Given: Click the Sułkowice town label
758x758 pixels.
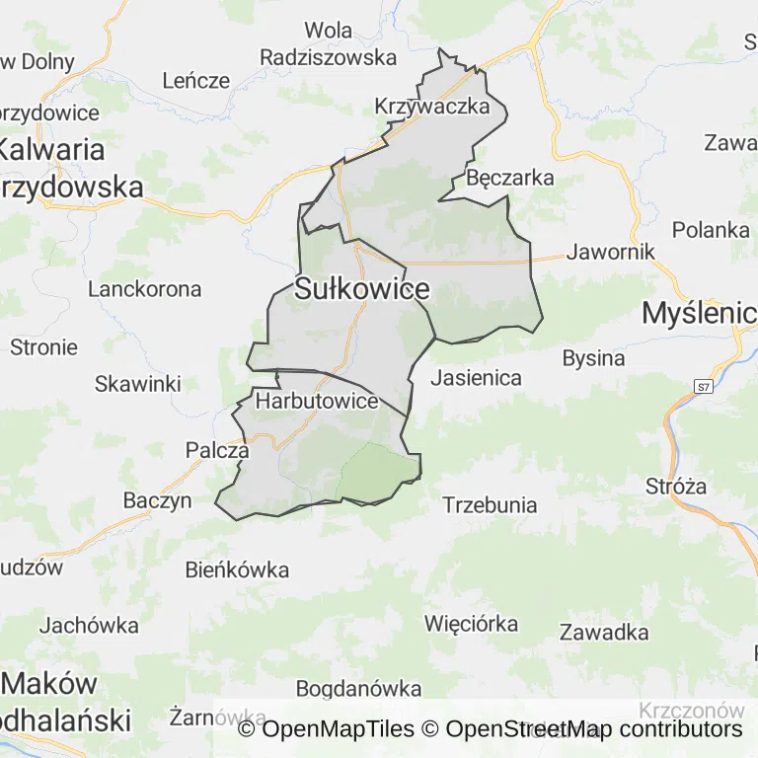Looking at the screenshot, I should tap(362, 289).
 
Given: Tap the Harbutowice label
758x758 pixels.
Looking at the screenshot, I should tap(317, 402).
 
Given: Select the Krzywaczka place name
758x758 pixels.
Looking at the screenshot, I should tap(432, 107).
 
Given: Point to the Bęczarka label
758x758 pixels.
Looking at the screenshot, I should tap(510, 179).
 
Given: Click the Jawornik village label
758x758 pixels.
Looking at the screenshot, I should tap(611, 252).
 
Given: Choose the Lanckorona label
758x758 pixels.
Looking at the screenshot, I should tap(145, 289).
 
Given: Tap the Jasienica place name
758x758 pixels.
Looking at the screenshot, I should tap(476, 377).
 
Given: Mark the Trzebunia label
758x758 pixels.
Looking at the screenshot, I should tap(491, 505).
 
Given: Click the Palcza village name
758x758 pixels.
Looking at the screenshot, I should tap(217, 450).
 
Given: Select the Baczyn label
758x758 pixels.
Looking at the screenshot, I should tap(157, 500).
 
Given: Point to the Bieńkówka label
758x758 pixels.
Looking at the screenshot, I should tap(238, 569).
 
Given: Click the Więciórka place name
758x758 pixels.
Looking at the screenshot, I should tap(471, 623).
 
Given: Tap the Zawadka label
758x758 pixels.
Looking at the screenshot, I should tap(604, 632).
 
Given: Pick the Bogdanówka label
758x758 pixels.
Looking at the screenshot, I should tap(358, 688).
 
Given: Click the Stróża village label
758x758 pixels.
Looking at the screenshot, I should tap(676, 486).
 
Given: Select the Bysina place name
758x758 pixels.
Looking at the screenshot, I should tap(593, 358).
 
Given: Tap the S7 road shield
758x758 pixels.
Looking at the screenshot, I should tap(703, 386).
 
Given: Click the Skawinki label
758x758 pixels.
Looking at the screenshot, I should tap(138, 384).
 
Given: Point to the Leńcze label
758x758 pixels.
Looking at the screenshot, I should tap(195, 81).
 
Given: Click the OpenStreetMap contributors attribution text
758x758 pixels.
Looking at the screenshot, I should tap(593, 729).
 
